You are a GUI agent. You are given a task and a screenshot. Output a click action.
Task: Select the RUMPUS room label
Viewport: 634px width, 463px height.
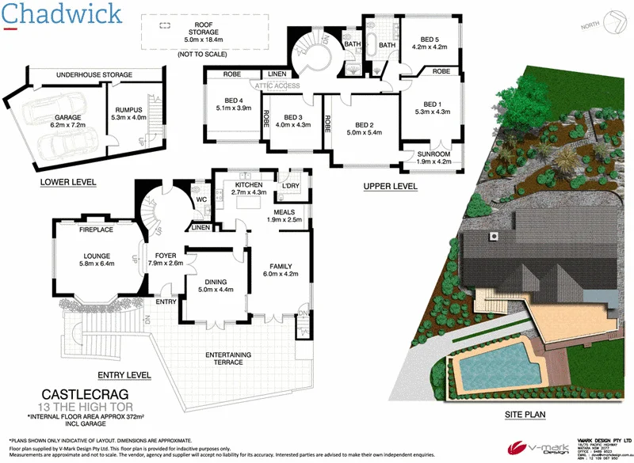coord(128,112)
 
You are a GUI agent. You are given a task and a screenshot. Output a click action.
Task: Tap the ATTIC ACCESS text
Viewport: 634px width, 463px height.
coord(277,85)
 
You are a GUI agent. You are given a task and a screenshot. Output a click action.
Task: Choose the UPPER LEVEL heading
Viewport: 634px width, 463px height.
coord(389,186)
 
